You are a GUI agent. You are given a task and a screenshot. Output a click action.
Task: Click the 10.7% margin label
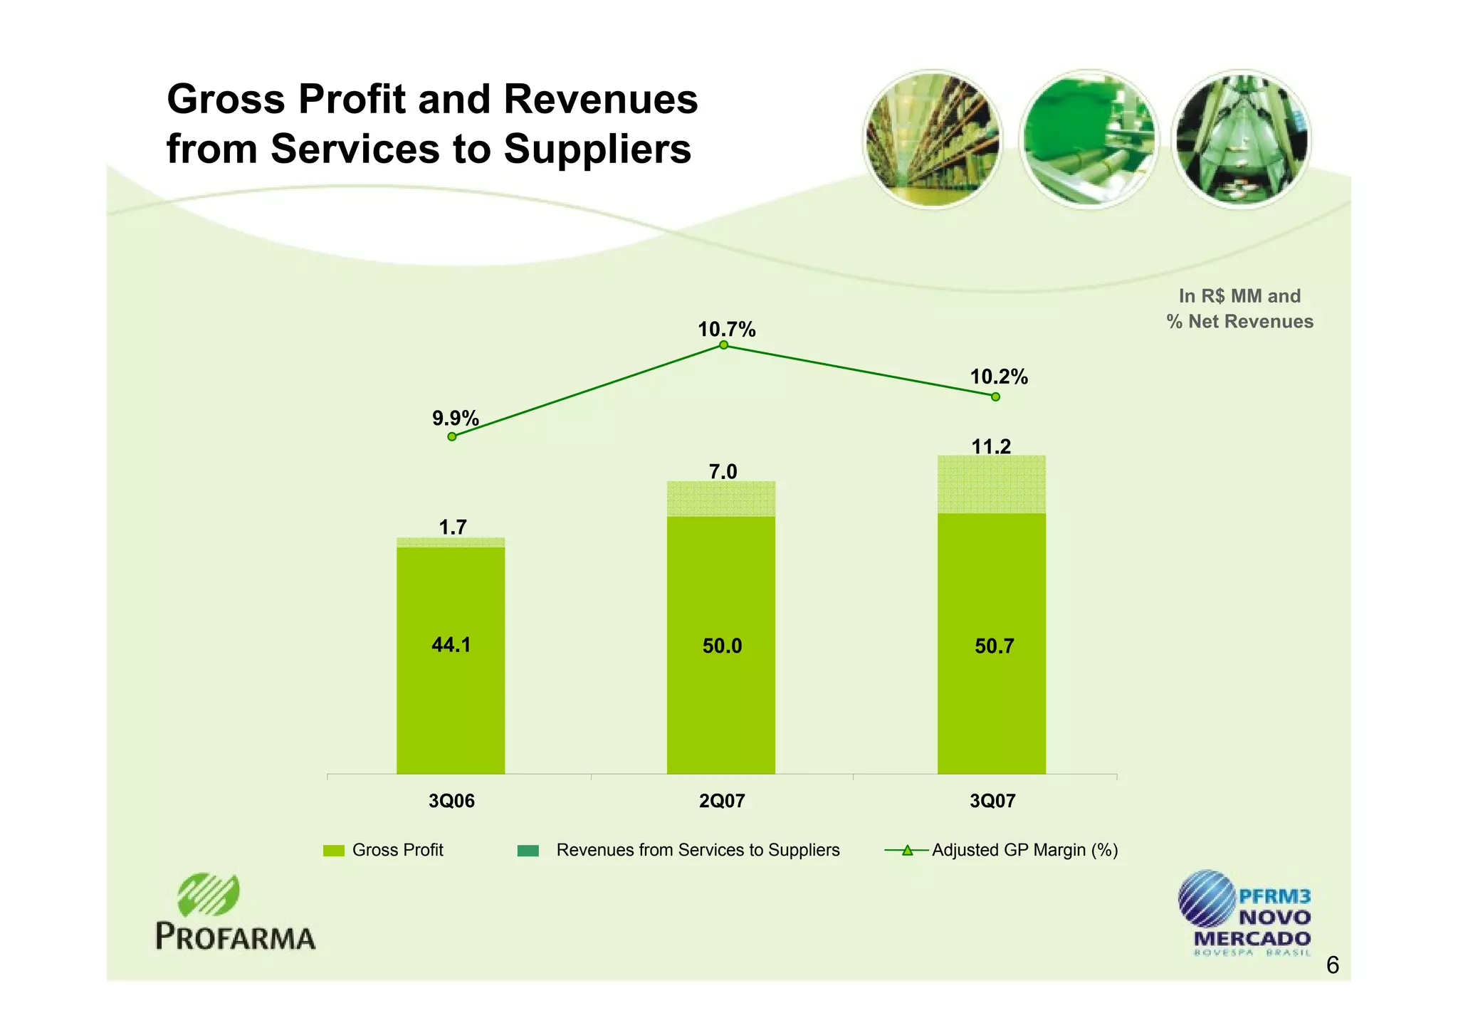pyautogui.click(x=726, y=330)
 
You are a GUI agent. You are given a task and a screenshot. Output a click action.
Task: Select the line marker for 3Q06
pyautogui.click(x=452, y=436)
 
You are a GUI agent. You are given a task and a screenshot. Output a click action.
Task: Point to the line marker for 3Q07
pyautogui.click(x=995, y=396)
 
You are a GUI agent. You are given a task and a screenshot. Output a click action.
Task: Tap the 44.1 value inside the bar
pyautogui.click(x=451, y=645)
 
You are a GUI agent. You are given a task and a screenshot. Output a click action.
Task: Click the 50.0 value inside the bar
pyautogui.click(x=722, y=646)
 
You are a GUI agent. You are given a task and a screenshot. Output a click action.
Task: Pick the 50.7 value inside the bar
pyautogui.click(x=994, y=646)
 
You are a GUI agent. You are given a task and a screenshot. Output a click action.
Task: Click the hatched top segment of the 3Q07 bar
pyautogui.click(x=991, y=485)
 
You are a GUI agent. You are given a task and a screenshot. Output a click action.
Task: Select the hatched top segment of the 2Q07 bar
pyautogui.click(x=720, y=499)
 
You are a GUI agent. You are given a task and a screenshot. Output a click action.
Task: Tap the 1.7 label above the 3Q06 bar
pyautogui.click(x=453, y=527)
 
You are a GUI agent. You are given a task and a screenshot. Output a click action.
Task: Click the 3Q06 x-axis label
pyautogui.click(x=451, y=802)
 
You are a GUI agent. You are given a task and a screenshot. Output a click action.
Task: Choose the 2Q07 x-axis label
pyautogui.click(x=722, y=802)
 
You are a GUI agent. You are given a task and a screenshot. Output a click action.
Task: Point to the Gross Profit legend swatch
pyautogui.click(x=333, y=851)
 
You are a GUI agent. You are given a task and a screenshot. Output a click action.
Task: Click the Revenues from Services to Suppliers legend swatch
pyautogui.click(x=528, y=851)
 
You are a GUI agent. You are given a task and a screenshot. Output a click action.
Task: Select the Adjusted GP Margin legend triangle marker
pyautogui.click(x=906, y=850)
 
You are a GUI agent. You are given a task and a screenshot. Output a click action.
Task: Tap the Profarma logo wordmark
pyautogui.click(x=236, y=937)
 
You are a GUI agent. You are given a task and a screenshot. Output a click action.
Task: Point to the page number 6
pyautogui.click(x=1333, y=966)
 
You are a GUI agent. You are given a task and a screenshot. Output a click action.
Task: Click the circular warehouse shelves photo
pyautogui.click(x=933, y=140)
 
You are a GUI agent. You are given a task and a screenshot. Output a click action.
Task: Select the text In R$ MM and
pyautogui.click(x=1239, y=296)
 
